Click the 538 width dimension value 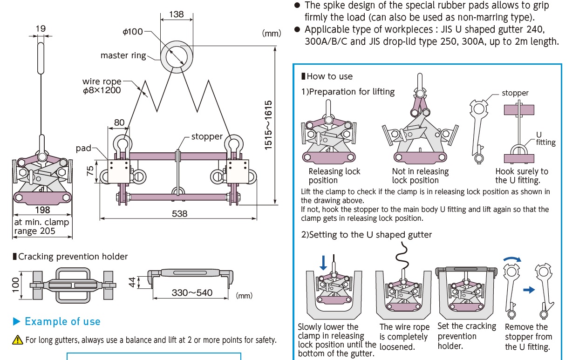coord(179,213)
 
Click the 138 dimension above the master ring coord(176,14)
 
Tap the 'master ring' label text coord(123,55)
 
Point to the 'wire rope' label coord(102,82)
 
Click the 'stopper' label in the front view coord(207,136)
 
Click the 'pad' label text coord(84,148)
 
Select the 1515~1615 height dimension coord(268,124)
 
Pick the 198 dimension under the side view coord(42,210)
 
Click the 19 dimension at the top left coord(41,29)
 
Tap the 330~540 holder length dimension coord(192,293)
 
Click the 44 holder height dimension coord(132,282)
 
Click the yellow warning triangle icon coord(18,340)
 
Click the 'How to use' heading coord(329,76)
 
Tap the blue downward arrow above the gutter coord(324,262)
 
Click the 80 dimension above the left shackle coord(119,123)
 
